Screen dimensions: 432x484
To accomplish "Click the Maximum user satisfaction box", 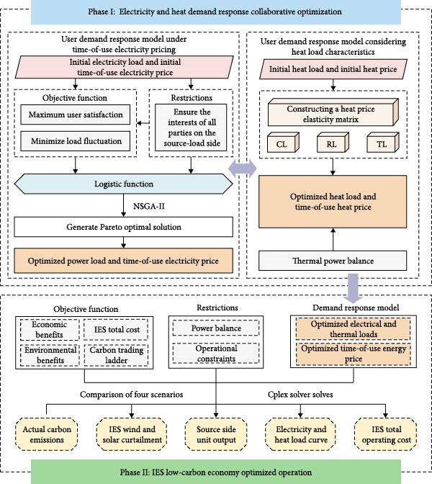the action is click(x=76, y=115).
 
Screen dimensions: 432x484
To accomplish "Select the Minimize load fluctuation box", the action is click(x=76, y=141).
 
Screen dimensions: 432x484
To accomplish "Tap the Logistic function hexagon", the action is click(x=123, y=184).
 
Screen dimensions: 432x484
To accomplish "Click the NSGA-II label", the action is click(x=149, y=206).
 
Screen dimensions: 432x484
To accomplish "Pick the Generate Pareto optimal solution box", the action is click(x=123, y=227).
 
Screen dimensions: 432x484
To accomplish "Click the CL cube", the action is click(x=283, y=143).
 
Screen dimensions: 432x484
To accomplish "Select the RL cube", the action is click(x=333, y=143).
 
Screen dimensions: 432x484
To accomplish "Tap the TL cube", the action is click(x=383, y=143).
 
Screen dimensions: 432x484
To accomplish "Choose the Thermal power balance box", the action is click(x=333, y=261).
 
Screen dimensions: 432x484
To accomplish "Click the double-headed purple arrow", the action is click(x=242, y=169).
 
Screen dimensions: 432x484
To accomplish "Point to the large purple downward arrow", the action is click(x=353, y=288).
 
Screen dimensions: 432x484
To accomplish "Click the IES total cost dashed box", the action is click(x=117, y=330).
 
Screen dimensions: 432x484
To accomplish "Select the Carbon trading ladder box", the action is click(x=117, y=355).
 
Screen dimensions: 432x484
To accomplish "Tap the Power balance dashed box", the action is click(x=216, y=328).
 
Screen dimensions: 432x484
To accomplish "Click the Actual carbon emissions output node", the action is click(x=47, y=434).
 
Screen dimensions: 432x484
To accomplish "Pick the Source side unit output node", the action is click(x=216, y=434).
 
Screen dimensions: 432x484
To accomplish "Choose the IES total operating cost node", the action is click(x=386, y=434).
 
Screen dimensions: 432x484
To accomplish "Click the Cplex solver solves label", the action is click(x=300, y=395).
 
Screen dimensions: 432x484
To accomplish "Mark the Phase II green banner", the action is click(x=216, y=472).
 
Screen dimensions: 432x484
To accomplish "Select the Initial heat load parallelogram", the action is click(x=333, y=69).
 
